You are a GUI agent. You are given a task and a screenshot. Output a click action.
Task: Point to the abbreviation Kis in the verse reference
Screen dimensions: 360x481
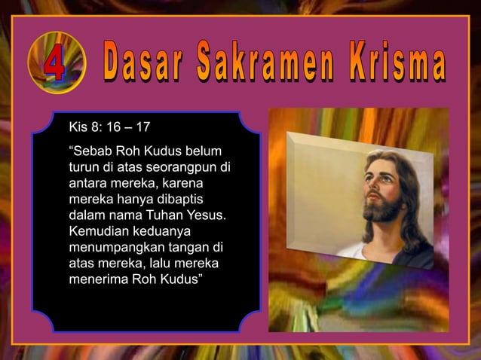pyautogui.click(x=78, y=125)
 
